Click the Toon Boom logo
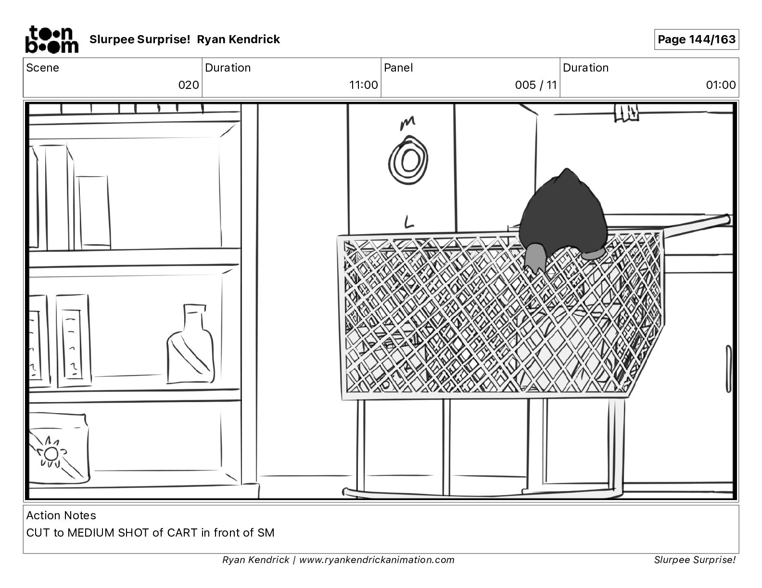click(51, 39)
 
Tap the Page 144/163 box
click(696, 39)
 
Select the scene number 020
click(188, 85)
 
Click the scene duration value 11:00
click(363, 85)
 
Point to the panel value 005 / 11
click(535, 85)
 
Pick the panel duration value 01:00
click(721, 85)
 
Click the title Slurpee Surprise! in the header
click(140, 39)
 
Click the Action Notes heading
click(61, 515)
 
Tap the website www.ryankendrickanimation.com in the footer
click(377, 560)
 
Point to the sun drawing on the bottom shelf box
click(51, 453)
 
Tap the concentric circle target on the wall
click(408, 159)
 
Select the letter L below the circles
click(408, 222)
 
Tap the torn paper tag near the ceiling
click(626, 112)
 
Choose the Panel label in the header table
click(398, 68)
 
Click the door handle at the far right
click(728, 368)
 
